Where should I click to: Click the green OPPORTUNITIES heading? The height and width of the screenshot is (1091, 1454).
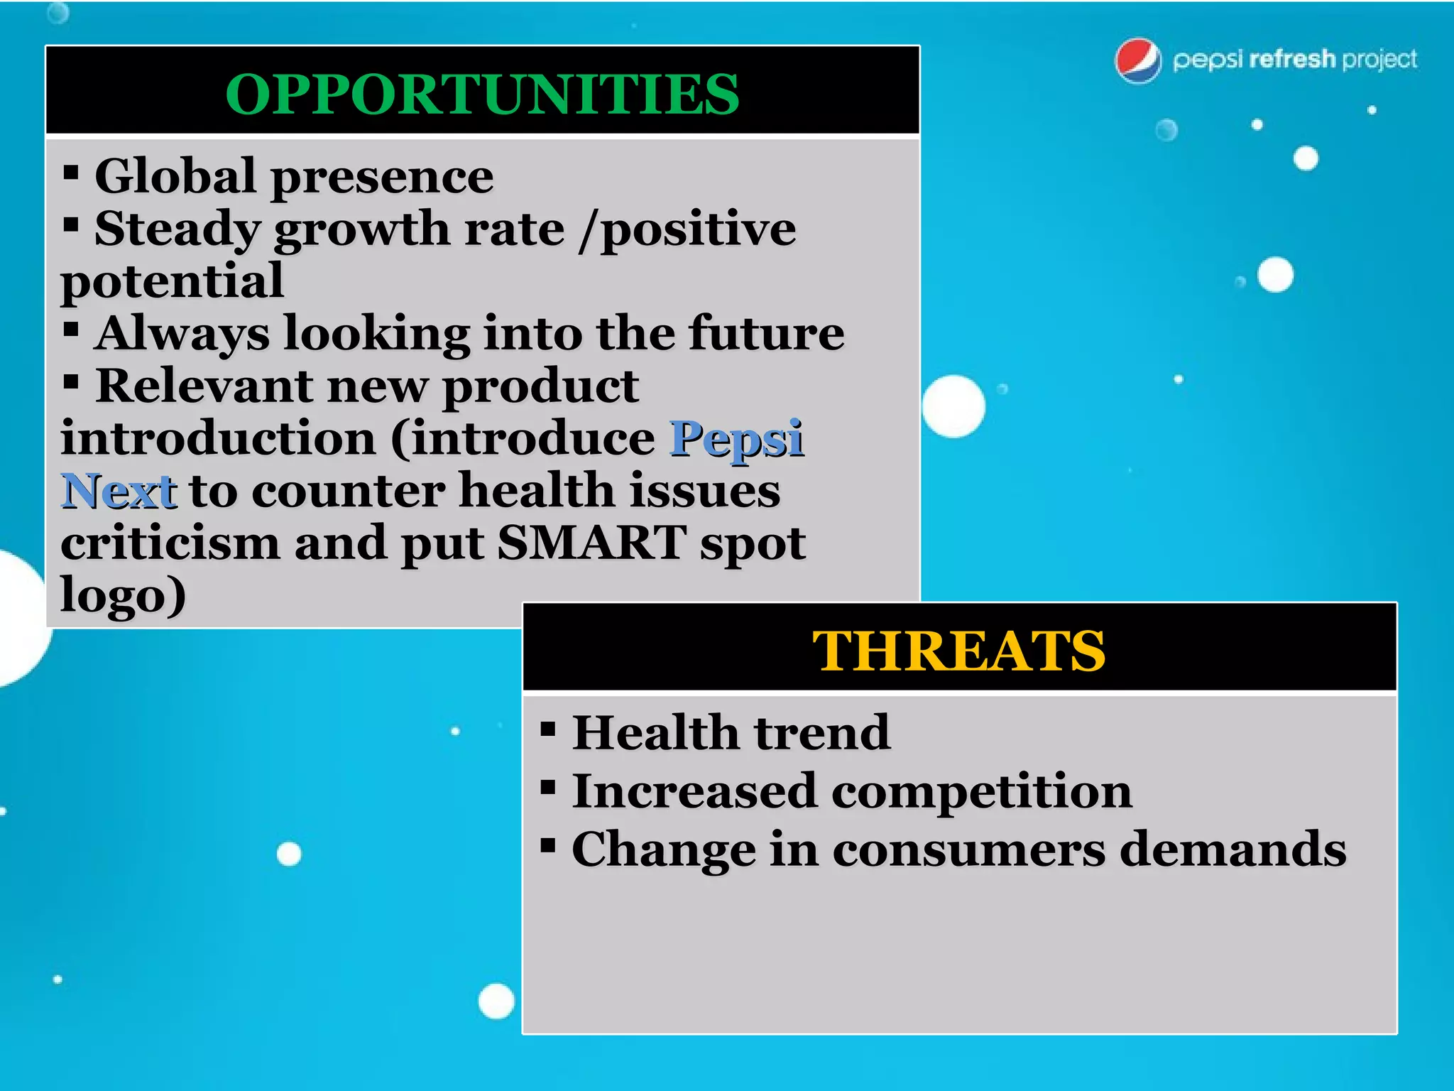tap(482, 94)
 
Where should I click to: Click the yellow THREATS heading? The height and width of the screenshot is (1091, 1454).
tap(958, 651)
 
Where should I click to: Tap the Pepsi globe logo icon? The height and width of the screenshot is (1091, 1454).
tap(1138, 60)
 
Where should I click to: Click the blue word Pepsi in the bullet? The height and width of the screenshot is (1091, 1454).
tap(736, 438)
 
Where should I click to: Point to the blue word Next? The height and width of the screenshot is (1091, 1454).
tap(118, 491)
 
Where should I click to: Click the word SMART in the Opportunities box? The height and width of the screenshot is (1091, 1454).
tap(591, 543)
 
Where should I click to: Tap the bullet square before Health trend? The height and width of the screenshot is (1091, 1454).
tap(547, 729)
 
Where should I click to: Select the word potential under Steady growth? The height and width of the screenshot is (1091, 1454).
tap(172, 281)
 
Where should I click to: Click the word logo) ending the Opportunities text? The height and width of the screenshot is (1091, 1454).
tap(123, 595)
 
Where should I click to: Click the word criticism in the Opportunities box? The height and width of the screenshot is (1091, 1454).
tap(170, 543)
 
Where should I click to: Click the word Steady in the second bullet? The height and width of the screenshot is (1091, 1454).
tap(177, 229)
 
